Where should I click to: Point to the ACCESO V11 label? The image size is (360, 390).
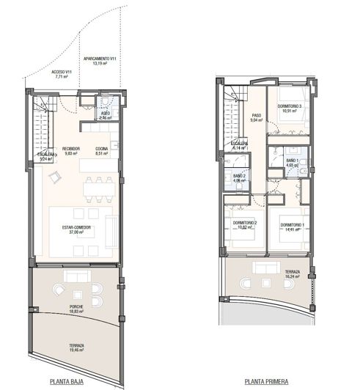click(61, 72)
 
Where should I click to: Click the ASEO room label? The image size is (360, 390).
click(105, 113)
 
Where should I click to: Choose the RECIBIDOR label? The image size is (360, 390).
click(71, 149)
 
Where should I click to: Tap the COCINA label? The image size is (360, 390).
click(102, 149)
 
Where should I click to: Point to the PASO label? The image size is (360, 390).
click(257, 115)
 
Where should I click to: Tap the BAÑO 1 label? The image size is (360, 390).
click(291, 160)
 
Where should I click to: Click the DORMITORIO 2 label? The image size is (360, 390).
click(244, 222)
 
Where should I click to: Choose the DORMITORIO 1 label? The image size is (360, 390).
click(293, 224)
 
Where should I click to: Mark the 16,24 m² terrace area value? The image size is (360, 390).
click(292, 276)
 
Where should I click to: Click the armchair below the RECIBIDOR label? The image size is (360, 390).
click(53, 176)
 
